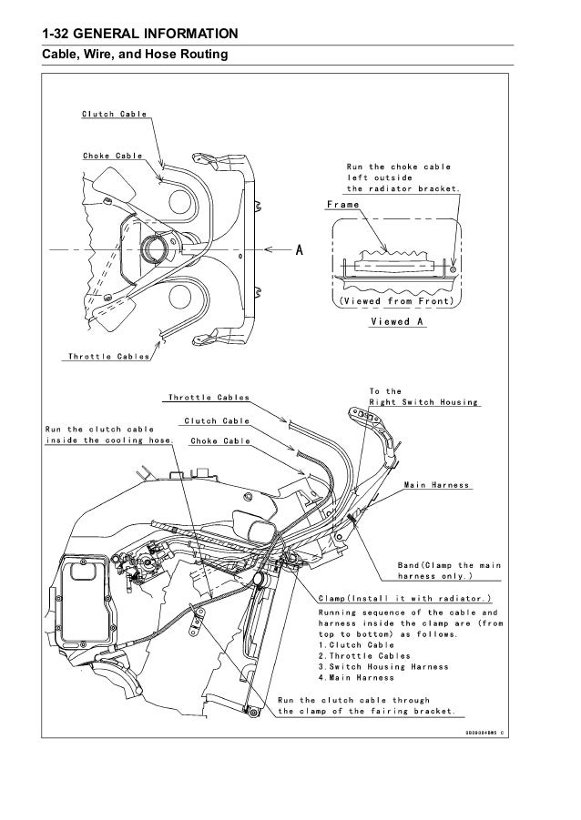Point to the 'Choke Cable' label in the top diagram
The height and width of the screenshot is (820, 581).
point(112,155)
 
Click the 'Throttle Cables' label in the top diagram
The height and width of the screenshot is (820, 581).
point(108,357)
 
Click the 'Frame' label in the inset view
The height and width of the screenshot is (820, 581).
point(341,207)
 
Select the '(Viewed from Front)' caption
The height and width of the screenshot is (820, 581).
point(397,300)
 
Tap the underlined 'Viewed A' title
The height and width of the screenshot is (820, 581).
point(399,321)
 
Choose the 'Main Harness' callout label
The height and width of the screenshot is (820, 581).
point(437,485)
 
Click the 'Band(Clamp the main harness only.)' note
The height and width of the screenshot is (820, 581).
point(447,569)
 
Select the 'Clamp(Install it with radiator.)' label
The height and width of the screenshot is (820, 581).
point(405,598)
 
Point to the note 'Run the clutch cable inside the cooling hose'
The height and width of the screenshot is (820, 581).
point(99,435)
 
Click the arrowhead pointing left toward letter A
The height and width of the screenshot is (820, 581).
point(270,248)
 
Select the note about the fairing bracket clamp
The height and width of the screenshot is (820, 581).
point(368,705)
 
